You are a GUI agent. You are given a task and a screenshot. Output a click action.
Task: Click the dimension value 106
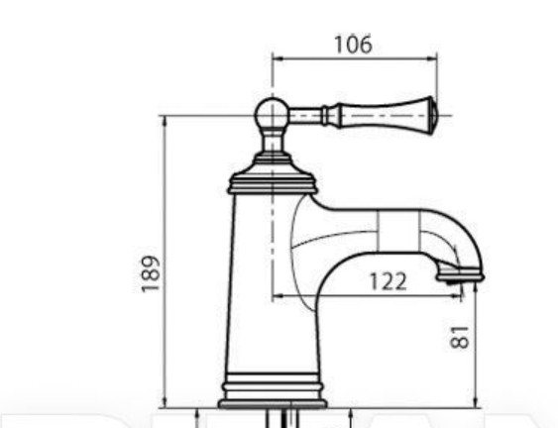[353, 44]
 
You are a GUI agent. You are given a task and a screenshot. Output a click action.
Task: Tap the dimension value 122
[388, 281]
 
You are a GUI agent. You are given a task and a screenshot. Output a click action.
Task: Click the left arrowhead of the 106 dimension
[277, 58]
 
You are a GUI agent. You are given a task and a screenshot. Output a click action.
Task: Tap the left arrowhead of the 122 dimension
[277, 294]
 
